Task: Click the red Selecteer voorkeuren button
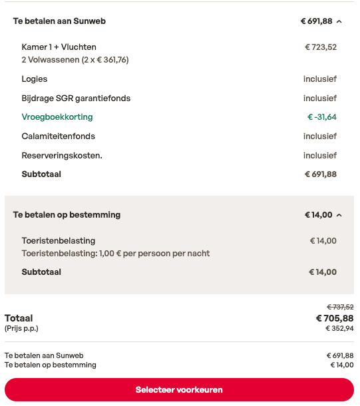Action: pyautogui.click(x=179, y=389)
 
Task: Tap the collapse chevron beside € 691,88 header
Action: pyautogui.click(x=339, y=21)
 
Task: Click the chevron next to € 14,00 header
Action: pyautogui.click(x=339, y=215)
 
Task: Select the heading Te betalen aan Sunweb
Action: pyautogui.click(x=59, y=21)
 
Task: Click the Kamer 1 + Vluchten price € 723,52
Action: pyautogui.click(x=321, y=47)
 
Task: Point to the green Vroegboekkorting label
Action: pyautogui.click(x=57, y=117)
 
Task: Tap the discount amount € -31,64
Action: pyautogui.click(x=322, y=117)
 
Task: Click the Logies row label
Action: pyautogui.click(x=35, y=79)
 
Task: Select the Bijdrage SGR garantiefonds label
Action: pyautogui.click(x=76, y=99)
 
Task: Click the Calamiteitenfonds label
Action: pyautogui.click(x=59, y=136)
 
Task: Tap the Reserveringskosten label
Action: pyautogui.click(x=62, y=156)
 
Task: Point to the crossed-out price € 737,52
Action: pyautogui.click(x=340, y=307)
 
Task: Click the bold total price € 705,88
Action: pyautogui.click(x=335, y=318)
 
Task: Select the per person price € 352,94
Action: pyautogui.click(x=339, y=328)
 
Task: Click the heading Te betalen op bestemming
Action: pyautogui.click(x=67, y=215)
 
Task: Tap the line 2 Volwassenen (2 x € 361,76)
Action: pyautogui.click(x=75, y=60)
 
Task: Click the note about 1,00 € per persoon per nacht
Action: pyautogui.click(x=116, y=254)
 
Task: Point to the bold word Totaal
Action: pyautogui.click(x=19, y=318)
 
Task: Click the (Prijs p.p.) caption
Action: pyautogui.click(x=21, y=328)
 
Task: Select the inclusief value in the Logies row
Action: pyautogui.click(x=320, y=79)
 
